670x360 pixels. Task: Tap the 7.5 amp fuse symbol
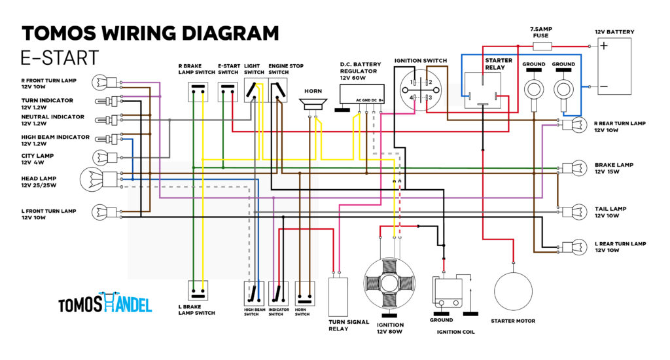coord(542,46)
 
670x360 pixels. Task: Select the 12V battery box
coord(613,66)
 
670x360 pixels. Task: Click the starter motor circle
coord(513,291)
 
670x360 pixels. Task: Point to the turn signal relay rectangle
coord(338,297)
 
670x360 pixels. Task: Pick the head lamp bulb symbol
coord(99,179)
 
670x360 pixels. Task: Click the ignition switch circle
coord(421,90)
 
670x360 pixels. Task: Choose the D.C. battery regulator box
coord(362,94)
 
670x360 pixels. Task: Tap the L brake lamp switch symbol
coord(198,291)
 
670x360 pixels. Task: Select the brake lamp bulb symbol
coord(575,168)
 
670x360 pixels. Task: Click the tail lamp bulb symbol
coord(575,211)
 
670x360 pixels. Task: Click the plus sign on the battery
coord(604,45)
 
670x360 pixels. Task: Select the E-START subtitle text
coord(60,58)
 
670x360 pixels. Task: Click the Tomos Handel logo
coord(105,302)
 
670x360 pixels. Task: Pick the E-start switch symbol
coord(228,92)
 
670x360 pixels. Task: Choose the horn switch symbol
coord(305,293)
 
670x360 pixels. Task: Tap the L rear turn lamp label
coord(620,247)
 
